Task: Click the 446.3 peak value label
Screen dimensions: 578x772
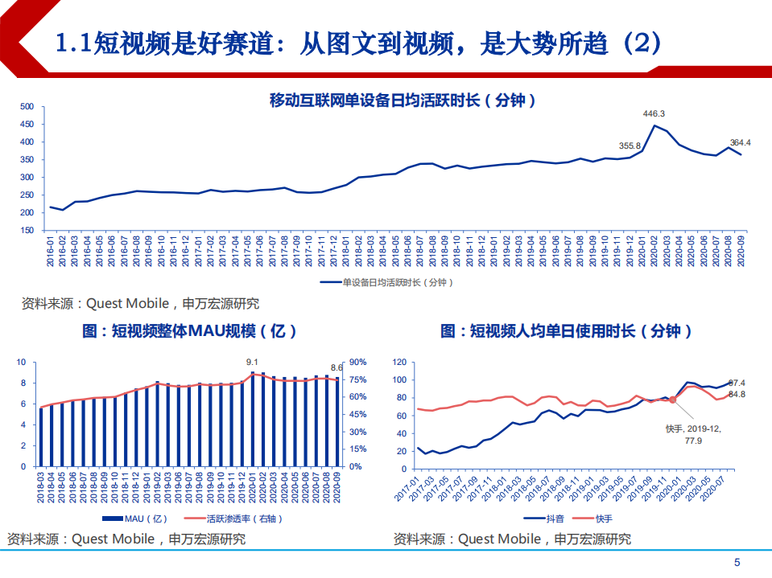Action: pos(654,114)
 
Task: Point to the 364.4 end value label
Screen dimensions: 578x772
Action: pos(740,143)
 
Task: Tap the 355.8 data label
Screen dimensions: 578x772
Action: pos(630,146)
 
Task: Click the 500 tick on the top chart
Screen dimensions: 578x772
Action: pos(26,107)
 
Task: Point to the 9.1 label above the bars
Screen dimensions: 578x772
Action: pos(251,363)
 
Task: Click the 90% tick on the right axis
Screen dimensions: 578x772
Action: pos(358,363)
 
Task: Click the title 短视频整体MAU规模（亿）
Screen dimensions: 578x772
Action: pos(190,331)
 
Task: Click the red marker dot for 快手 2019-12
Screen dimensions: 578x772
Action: pos(673,400)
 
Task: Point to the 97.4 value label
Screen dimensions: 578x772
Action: pos(737,383)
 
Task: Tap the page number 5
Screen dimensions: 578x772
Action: pos(737,562)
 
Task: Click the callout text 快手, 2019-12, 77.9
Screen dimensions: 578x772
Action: pos(694,435)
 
